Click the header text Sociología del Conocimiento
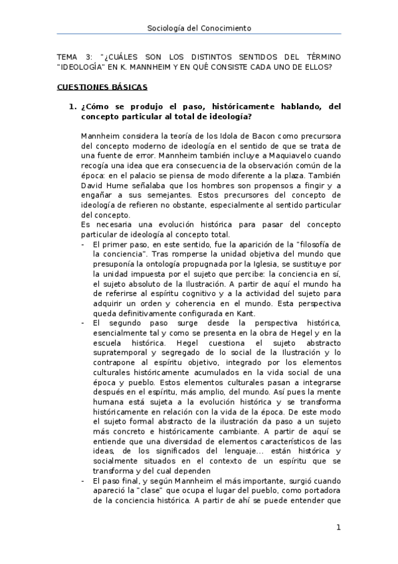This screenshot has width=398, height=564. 199,28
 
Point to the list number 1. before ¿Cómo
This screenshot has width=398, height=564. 72,106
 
